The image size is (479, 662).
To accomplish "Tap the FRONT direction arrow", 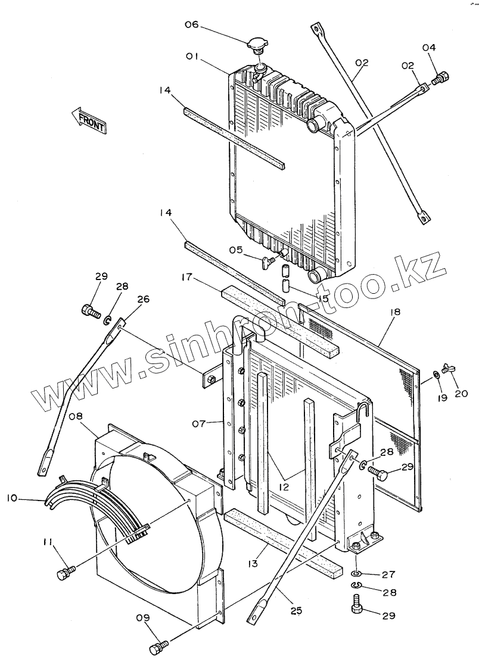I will [88, 120].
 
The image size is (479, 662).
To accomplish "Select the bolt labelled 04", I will [441, 77].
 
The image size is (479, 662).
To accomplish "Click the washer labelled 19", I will [436, 375].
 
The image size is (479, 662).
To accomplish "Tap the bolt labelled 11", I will [65, 573].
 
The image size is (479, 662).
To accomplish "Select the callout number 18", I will [395, 312].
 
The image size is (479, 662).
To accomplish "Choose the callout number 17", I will [186, 277].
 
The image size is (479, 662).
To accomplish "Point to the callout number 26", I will [143, 299].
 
